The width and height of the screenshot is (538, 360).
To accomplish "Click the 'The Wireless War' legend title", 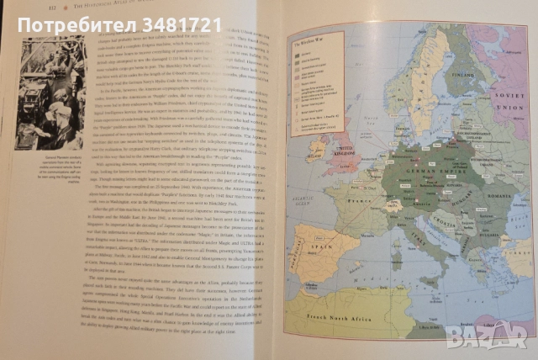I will point(312,40).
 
